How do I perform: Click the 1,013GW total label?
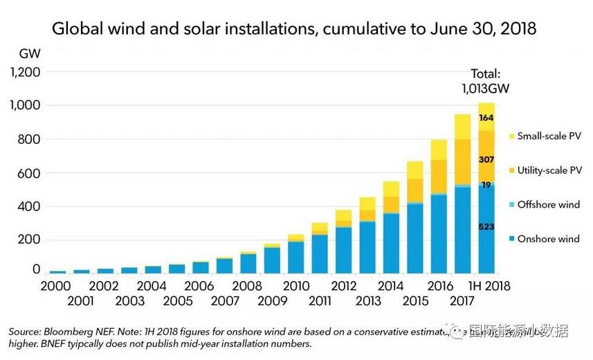tap(484, 89)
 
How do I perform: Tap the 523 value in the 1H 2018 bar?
tap(486, 227)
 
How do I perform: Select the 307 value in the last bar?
tap(486, 159)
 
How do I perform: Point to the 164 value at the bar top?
tap(486, 118)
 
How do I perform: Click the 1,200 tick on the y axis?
tap(26, 72)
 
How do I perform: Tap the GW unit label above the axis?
tap(30, 53)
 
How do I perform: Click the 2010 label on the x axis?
tap(295, 286)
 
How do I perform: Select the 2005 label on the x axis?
tap(178, 301)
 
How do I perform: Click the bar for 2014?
tap(391, 228)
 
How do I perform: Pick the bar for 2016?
tap(439, 208)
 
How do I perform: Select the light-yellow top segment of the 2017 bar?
tap(462, 126)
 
